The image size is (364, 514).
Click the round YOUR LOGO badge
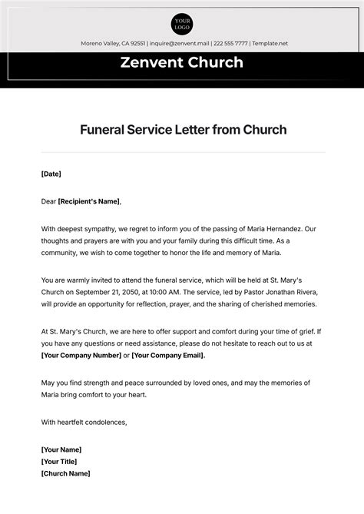(182, 24)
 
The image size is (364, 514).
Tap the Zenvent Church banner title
(182, 63)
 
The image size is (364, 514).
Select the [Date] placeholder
(51, 174)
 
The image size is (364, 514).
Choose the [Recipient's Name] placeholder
(89, 201)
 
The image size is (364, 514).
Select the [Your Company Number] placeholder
(81, 356)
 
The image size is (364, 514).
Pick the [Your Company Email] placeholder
(168, 356)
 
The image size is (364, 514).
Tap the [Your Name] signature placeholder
(61, 449)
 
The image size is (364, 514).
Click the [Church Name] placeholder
(65, 473)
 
